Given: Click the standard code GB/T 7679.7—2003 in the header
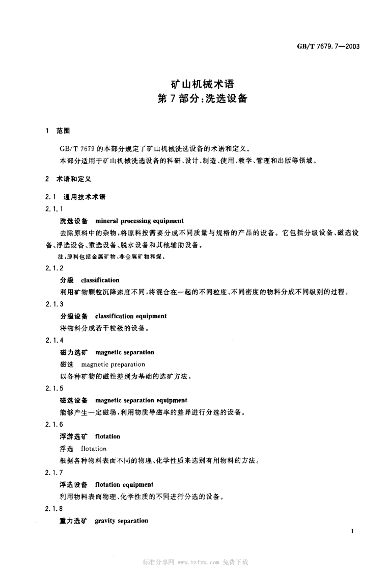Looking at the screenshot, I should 328,46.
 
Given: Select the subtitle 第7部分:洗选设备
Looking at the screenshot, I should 202,99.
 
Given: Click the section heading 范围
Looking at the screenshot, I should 63,131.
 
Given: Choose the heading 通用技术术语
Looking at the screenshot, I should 85,196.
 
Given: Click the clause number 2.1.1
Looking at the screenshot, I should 54,209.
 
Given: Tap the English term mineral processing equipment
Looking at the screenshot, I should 139,221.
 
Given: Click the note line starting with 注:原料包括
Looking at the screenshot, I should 112,257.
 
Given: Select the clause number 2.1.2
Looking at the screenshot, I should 54,268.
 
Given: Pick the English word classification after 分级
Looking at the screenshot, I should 100,280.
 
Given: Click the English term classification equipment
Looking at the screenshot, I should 131,316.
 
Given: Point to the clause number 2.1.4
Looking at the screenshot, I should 54,341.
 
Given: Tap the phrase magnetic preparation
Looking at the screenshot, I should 113,364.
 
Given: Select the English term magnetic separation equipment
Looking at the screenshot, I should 141,400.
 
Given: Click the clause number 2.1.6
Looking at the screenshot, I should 54,425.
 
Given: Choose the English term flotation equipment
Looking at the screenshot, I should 124,484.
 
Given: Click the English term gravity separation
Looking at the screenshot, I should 122,521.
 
